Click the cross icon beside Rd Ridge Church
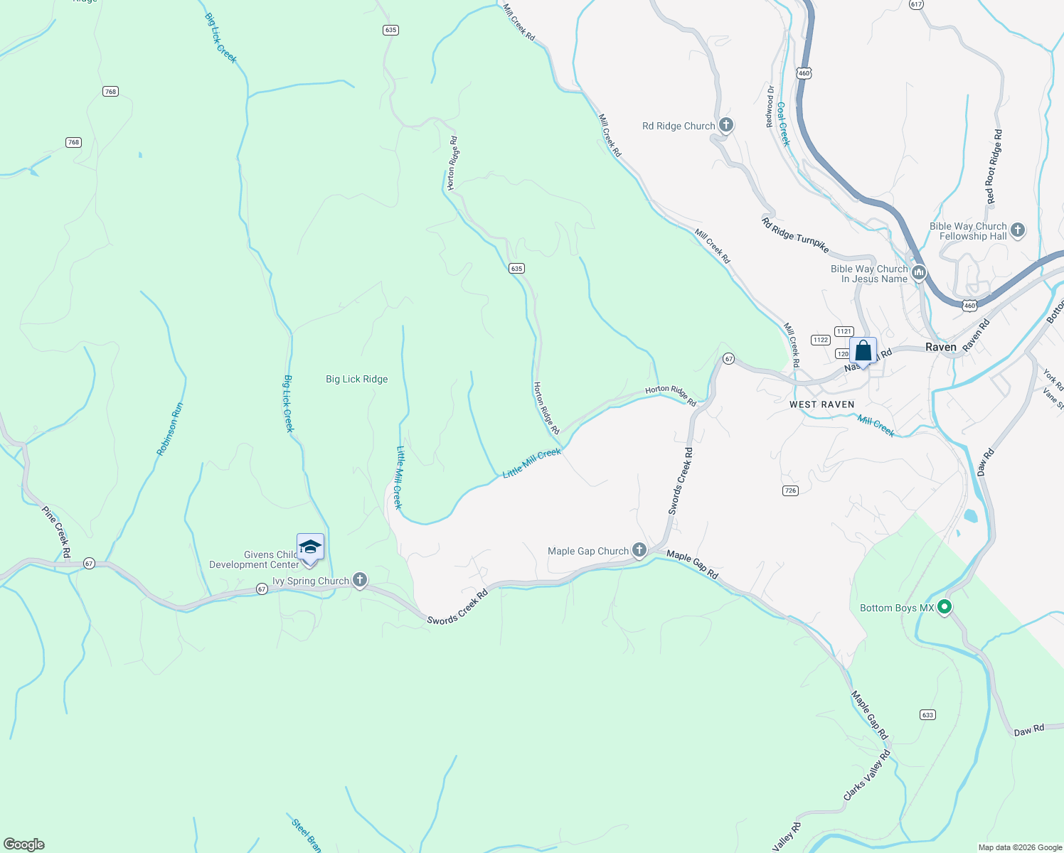(x=725, y=126)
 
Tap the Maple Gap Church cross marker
(x=639, y=551)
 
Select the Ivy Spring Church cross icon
(x=360, y=581)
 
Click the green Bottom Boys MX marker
(x=945, y=607)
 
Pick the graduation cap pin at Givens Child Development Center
(x=310, y=548)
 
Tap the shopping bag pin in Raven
(x=863, y=351)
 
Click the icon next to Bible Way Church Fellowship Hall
(x=1018, y=230)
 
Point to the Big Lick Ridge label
(x=357, y=379)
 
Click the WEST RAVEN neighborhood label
(x=821, y=404)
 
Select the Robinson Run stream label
(x=170, y=429)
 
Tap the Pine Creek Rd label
(x=56, y=532)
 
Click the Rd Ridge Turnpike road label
(x=795, y=235)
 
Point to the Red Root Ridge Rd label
(x=994, y=166)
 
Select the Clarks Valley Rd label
(x=867, y=776)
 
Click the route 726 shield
(x=790, y=490)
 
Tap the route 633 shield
(x=927, y=714)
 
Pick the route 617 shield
(x=916, y=4)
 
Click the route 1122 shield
(x=821, y=340)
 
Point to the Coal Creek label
(x=783, y=123)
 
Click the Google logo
(x=24, y=844)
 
